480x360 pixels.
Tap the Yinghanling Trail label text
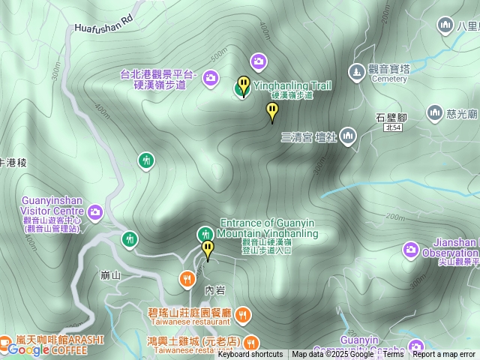click(x=292, y=85)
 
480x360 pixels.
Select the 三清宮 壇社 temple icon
click(x=347, y=136)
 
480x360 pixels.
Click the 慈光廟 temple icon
click(x=434, y=113)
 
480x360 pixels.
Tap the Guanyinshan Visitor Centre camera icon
click(x=95, y=212)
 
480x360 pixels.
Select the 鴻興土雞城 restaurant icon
click(x=250, y=341)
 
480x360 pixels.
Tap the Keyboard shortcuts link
click(x=250, y=355)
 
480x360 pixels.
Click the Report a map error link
click(x=444, y=355)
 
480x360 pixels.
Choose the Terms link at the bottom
click(x=394, y=355)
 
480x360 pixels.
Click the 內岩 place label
click(x=214, y=289)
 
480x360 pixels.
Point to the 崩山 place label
click(x=110, y=275)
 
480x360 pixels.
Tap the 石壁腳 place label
click(x=391, y=118)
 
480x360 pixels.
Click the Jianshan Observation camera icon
click(x=410, y=248)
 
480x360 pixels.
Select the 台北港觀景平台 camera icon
click(x=211, y=77)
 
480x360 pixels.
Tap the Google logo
click(x=28, y=349)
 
